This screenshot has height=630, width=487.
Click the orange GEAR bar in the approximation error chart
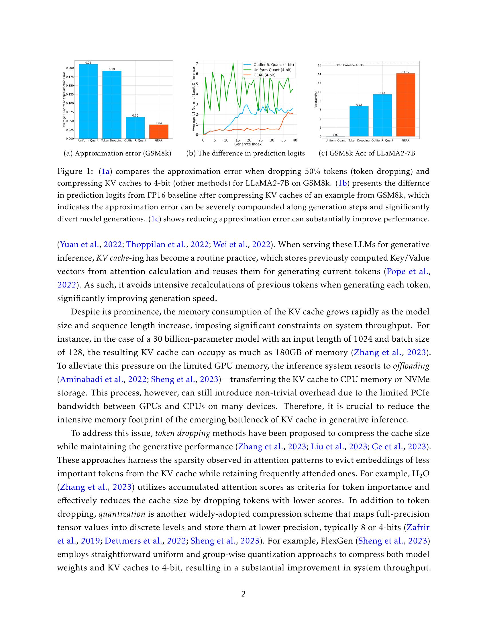(x=159, y=131)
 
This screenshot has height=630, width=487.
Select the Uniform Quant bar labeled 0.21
(x=88, y=101)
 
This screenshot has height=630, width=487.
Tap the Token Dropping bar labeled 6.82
(x=359, y=121)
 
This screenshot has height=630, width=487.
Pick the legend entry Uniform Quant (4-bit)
(x=272, y=70)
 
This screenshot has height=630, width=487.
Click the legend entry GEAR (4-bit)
(x=264, y=75)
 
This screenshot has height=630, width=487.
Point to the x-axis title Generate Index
(x=248, y=144)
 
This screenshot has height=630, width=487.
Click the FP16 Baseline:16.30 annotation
(x=349, y=65)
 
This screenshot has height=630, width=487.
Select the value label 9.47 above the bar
(x=382, y=93)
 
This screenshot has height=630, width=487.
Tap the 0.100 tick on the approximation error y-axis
(x=70, y=103)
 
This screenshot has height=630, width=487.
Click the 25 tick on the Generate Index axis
(x=260, y=140)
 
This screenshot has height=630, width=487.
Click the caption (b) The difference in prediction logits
(x=246, y=153)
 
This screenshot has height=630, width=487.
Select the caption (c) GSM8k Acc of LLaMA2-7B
(x=367, y=153)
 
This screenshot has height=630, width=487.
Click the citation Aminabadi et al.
(x=91, y=379)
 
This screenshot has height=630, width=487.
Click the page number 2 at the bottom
(x=243, y=594)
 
